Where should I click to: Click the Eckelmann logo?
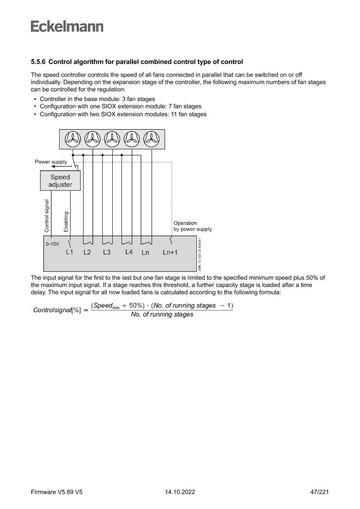tap(67, 26)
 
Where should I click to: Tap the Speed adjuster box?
tap(60, 181)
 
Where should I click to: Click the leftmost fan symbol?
tap(73, 139)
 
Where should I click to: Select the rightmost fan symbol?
tap(151, 139)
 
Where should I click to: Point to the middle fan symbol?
tap(112, 139)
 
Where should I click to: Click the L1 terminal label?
tap(70, 252)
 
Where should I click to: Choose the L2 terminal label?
tap(87, 252)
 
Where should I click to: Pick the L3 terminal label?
tap(107, 252)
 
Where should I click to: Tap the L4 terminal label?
tap(129, 252)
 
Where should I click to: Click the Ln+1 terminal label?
tap(170, 253)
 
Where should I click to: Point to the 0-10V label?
tap(52, 244)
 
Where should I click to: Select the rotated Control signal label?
tap(47, 216)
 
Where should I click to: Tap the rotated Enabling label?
tap(67, 222)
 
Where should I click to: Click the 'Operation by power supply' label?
tap(192, 226)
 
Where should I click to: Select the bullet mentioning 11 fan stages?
tap(123, 115)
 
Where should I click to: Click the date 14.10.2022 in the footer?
tap(180, 492)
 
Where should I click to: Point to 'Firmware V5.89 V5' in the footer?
tap(57, 492)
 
